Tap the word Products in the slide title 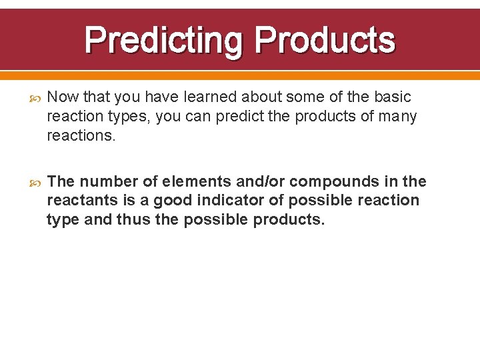[325, 40]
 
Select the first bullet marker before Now [36, 97]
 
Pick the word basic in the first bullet [393, 97]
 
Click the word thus [133, 220]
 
